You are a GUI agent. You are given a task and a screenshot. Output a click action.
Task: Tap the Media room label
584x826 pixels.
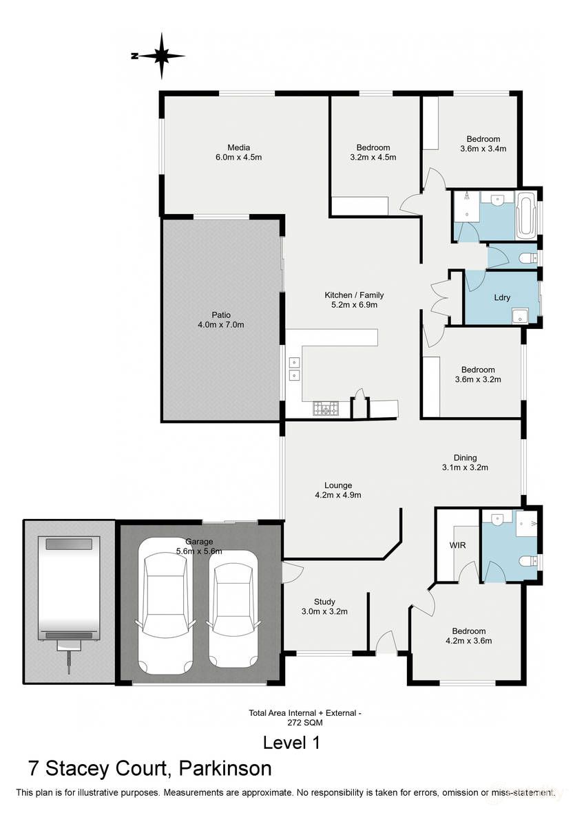[239, 147]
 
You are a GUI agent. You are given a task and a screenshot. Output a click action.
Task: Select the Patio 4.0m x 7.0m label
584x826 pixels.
[220, 319]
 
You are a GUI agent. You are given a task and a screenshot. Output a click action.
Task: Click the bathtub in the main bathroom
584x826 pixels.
[525, 214]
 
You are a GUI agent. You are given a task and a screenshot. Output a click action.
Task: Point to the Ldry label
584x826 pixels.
[502, 297]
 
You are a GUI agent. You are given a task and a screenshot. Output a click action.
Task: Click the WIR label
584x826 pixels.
[457, 545]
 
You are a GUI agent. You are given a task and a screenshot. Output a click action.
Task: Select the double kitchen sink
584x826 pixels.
[294, 368]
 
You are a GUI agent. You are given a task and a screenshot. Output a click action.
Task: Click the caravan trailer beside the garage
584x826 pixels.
[68, 592]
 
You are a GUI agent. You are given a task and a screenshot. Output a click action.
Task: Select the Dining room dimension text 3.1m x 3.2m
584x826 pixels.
[465, 467]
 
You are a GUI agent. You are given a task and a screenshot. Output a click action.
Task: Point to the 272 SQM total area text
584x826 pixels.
[305, 723]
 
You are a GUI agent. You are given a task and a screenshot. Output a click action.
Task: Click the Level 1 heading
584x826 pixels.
[291, 743]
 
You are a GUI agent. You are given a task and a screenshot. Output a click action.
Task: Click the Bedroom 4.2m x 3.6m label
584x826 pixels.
[468, 635]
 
